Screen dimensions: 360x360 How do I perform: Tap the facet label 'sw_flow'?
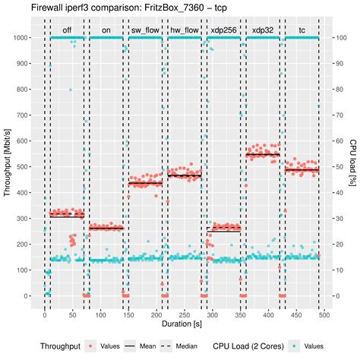(x=144, y=33)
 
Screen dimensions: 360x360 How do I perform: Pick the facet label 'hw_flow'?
(x=184, y=33)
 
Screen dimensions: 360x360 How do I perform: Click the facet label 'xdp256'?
(x=223, y=33)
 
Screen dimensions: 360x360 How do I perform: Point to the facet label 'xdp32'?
(x=263, y=33)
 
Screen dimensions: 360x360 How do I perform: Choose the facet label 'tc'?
(x=302, y=33)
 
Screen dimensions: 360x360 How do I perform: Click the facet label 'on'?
(x=105, y=33)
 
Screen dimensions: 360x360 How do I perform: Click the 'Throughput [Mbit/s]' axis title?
(x=7, y=166)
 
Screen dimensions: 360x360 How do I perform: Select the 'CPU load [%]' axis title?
(x=353, y=166)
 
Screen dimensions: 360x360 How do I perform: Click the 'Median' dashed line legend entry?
(x=178, y=346)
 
